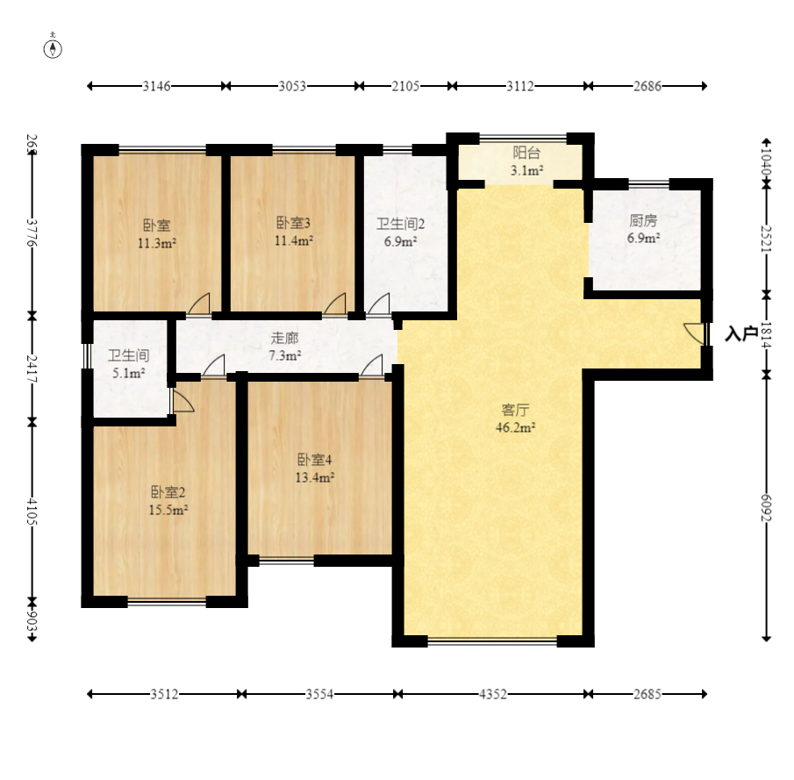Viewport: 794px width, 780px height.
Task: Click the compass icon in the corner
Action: coord(53,47)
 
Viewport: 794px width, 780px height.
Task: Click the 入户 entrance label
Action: coord(741,333)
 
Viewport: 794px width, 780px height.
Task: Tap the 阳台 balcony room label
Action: coord(526,152)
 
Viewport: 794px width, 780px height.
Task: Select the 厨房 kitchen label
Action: coord(643,220)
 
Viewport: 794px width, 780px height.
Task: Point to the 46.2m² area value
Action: coord(516,427)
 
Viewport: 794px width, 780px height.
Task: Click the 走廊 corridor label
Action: coord(284,338)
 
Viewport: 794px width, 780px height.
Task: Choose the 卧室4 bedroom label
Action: coord(314,460)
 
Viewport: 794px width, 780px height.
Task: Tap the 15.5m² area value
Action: coord(168,510)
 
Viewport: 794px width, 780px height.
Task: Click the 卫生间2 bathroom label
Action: coord(400,224)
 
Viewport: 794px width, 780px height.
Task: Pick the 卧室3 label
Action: coord(293,222)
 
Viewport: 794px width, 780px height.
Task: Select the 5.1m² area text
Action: coord(129,374)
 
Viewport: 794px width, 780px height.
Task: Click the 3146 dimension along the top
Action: coord(156,86)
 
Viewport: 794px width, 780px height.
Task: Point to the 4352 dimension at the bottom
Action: coord(493,694)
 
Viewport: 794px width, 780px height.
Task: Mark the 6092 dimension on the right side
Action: coord(766,507)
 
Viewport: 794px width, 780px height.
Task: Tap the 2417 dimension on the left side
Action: coord(32,369)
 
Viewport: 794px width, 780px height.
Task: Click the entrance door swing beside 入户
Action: coord(693,333)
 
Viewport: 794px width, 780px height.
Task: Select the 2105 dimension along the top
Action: coord(405,86)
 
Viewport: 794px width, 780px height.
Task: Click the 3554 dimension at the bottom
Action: coord(319,694)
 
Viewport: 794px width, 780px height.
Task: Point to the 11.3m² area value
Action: coord(157,243)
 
